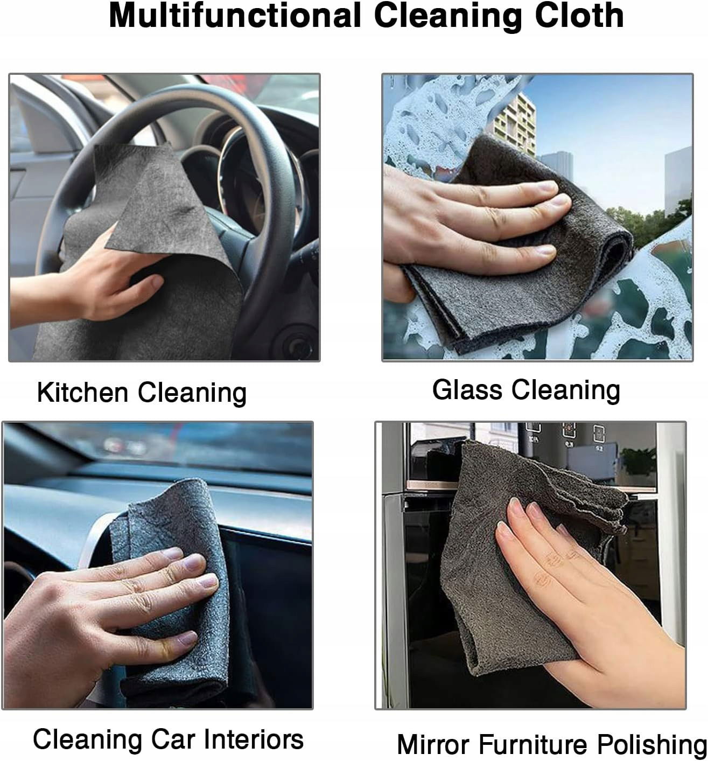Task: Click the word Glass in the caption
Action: (x=467, y=390)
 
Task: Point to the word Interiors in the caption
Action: (x=253, y=739)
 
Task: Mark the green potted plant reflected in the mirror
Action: (x=639, y=462)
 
